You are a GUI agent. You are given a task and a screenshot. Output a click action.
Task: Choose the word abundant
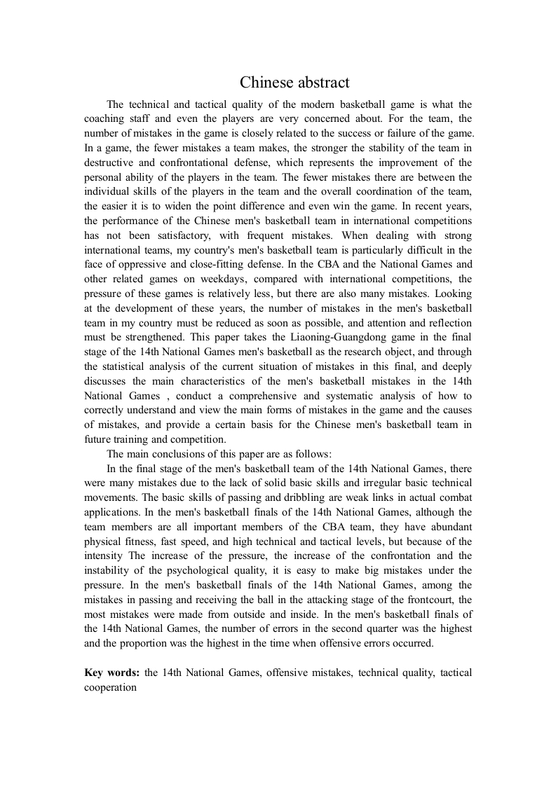tap(447, 527)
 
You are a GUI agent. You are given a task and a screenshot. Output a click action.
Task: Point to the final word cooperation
tap(110, 687)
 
